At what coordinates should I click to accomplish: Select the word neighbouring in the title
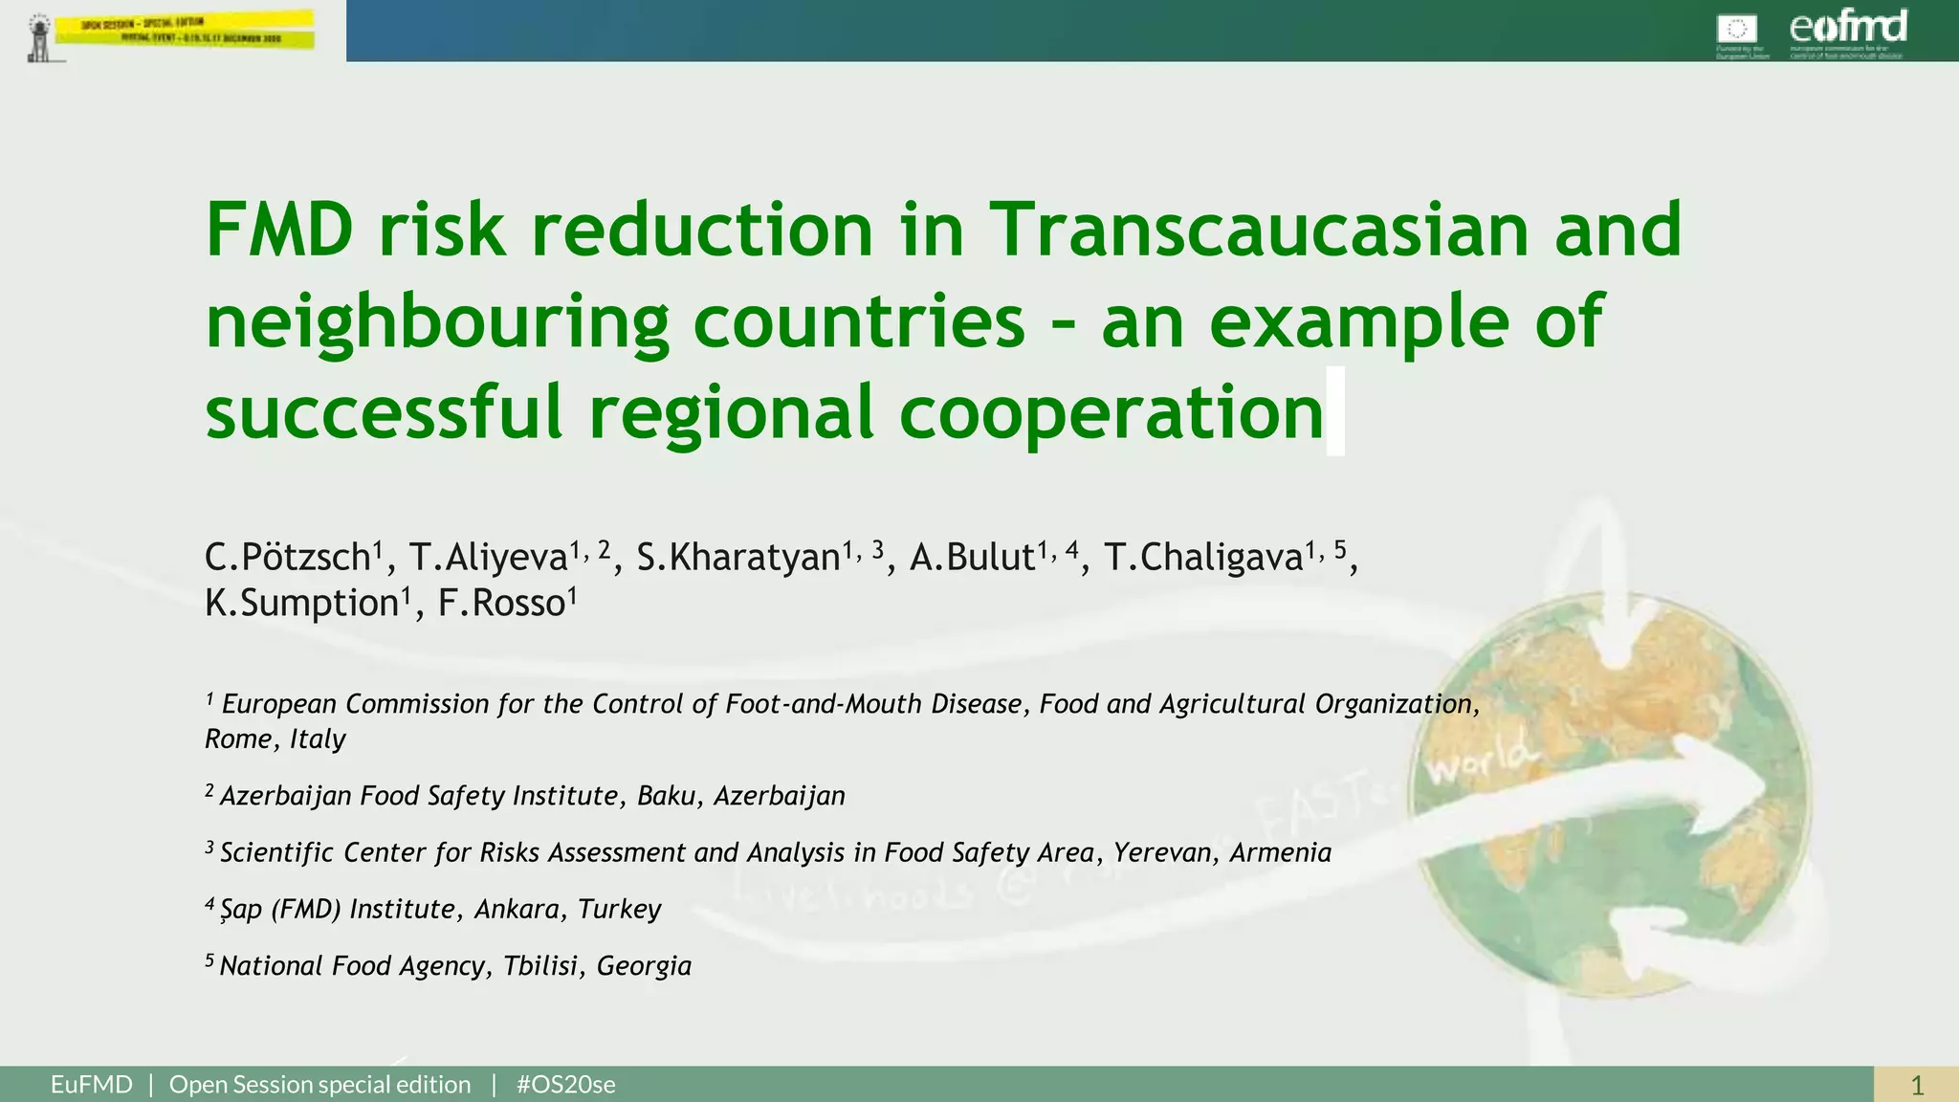(x=436, y=323)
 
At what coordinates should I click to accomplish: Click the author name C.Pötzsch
(x=288, y=557)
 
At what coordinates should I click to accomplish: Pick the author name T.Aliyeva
(x=489, y=557)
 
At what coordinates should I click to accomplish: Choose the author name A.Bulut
(x=972, y=557)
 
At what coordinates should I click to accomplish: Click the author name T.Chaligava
(x=1203, y=557)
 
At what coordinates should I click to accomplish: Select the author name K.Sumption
(x=301, y=604)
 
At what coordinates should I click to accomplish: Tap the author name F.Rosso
(x=502, y=604)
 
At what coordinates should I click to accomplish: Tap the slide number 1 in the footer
(x=1917, y=1086)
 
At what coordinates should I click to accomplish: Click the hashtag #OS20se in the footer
(x=565, y=1085)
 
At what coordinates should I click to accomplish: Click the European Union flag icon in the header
(x=1736, y=29)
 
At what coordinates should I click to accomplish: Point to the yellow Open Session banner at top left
(x=185, y=30)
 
